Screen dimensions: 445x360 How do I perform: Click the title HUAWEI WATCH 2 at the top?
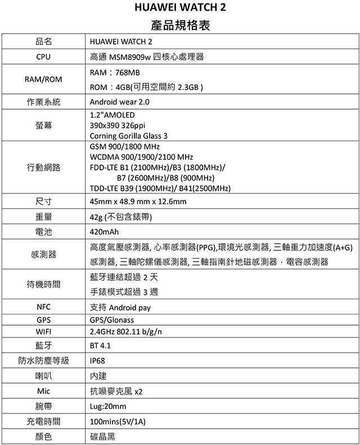point(181,9)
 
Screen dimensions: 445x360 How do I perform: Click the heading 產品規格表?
point(181,26)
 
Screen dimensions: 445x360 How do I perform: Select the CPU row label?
point(43,57)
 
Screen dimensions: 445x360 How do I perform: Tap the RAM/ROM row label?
point(43,79)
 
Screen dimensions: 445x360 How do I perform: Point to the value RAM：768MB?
point(115,73)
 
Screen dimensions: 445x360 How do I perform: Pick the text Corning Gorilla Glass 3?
point(129,136)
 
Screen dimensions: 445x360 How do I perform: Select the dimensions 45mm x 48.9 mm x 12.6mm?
point(138,201)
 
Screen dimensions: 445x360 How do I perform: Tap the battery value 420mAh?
point(105,231)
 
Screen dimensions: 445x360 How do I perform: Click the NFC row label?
point(43,307)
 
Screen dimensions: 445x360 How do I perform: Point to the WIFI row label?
point(43,331)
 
